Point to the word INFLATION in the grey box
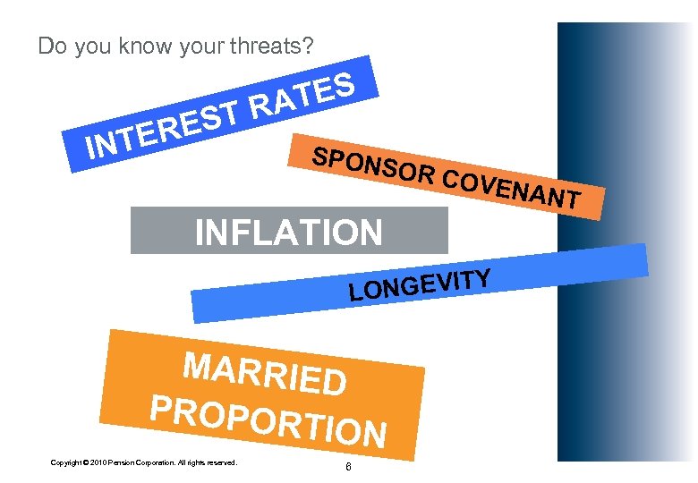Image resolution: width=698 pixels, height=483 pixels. coord(288,233)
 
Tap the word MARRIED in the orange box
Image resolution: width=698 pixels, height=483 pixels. coord(264,373)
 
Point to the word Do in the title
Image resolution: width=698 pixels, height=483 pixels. coord(53,46)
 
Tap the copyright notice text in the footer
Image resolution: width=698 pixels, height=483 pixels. coord(143,462)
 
